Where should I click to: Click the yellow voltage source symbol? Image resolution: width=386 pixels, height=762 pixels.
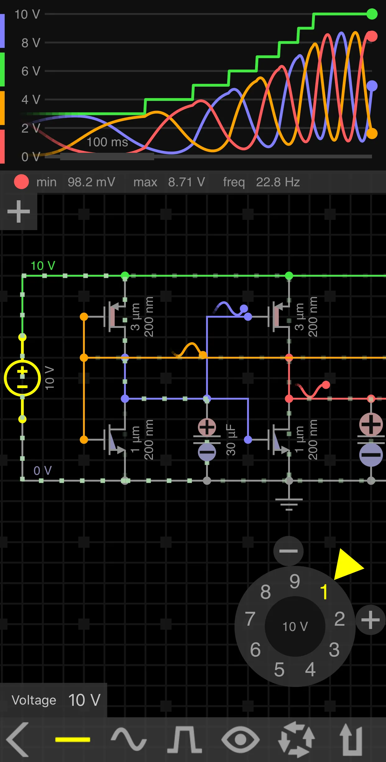coord(22,378)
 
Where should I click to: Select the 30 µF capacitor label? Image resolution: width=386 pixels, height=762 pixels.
coord(231,440)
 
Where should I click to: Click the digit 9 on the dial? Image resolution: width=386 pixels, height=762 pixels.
coord(295,582)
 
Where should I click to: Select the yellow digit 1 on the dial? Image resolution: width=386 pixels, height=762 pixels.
coord(324,592)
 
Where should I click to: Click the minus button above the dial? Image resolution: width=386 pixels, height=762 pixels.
coord(288,551)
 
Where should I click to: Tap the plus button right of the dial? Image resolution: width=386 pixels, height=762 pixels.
coord(370,620)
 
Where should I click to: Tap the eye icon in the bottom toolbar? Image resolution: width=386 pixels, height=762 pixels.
coord(240,740)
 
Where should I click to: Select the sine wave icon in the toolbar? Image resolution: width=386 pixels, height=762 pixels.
coord(129,740)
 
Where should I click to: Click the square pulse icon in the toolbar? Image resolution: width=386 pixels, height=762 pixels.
coord(185,740)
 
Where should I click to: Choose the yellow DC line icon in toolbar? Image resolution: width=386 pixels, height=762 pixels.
coord(73,740)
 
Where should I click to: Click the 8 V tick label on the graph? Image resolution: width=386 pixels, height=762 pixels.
coord(30,43)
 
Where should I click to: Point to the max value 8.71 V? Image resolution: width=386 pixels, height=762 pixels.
coord(186,182)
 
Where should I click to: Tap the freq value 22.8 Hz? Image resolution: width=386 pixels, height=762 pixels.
coord(278,182)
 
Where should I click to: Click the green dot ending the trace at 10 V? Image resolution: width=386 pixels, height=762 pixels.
coord(372,14)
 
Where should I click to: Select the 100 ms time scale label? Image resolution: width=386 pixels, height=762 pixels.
coord(107,142)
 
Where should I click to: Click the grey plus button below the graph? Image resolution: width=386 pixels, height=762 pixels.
coord(19,211)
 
